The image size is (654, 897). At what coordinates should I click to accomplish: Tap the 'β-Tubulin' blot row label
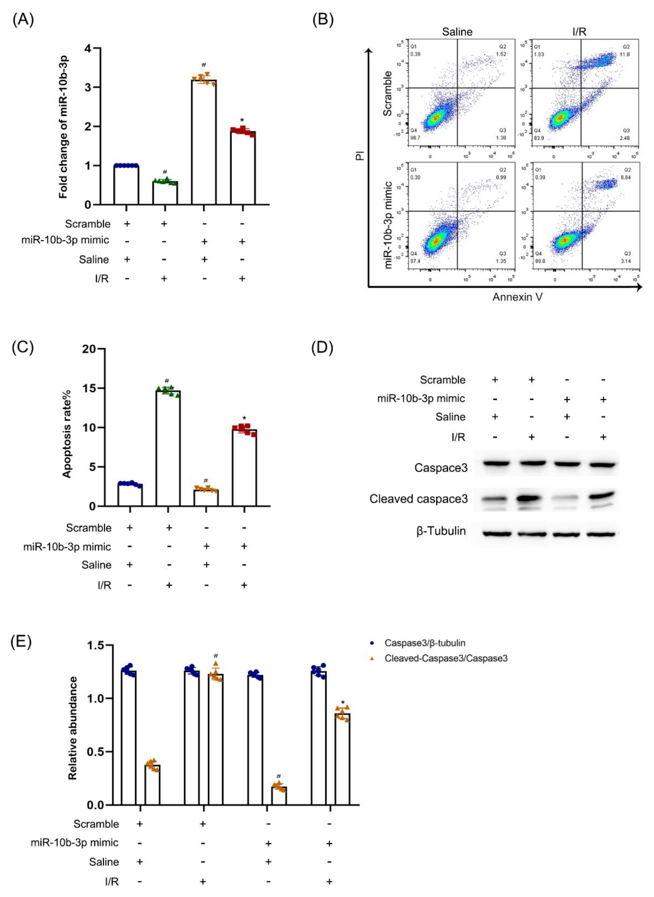coord(441,531)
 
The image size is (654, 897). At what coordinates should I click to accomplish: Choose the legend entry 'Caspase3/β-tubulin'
coord(424,643)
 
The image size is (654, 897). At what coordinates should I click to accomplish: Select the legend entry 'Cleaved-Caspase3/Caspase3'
coord(446,658)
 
